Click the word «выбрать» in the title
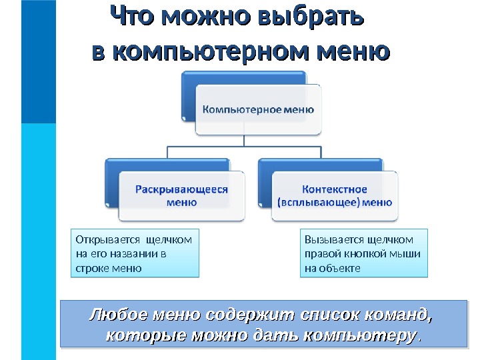317,17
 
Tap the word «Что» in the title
133,17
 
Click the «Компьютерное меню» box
258,109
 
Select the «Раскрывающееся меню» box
181,195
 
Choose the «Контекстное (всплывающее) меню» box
335,195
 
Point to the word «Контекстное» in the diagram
335,189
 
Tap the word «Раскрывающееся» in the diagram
182,189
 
